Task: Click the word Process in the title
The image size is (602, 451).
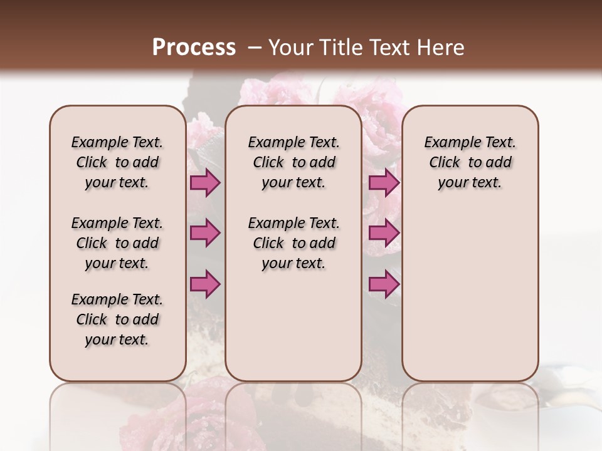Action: tap(194, 48)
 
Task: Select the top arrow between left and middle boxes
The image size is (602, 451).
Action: tap(205, 183)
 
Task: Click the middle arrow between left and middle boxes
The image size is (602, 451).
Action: tap(205, 233)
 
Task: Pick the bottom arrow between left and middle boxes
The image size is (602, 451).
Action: tap(205, 284)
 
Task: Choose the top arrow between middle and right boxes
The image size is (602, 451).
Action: tap(384, 183)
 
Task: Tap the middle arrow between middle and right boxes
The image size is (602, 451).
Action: tap(384, 233)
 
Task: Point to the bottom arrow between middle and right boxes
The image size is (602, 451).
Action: tap(384, 284)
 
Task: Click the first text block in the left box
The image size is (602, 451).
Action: tap(117, 162)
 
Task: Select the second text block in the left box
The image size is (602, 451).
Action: tap(117, 243)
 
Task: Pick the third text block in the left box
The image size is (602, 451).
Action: tap(117, 319)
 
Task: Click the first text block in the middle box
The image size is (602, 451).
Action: tap(293, 162)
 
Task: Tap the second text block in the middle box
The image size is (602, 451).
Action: tap(293, 243)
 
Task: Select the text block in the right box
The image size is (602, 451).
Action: tap(470, 162)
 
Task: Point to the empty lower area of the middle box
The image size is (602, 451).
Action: tap(293, 326)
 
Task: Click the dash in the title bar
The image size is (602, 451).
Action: tap(255, 48)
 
